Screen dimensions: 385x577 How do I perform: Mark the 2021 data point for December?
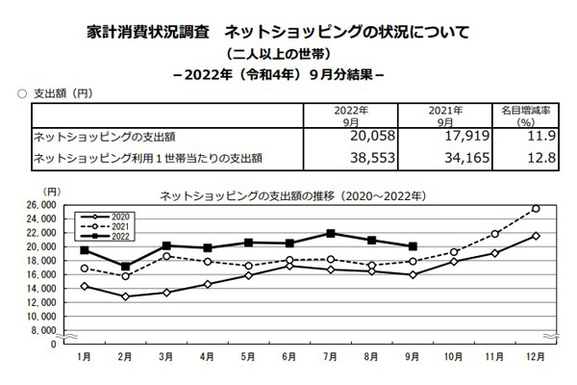536,209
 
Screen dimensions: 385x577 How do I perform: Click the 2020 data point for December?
536,236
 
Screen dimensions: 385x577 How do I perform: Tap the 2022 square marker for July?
330,233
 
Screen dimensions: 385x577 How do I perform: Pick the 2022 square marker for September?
413,246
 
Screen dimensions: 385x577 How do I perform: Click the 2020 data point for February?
125,296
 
